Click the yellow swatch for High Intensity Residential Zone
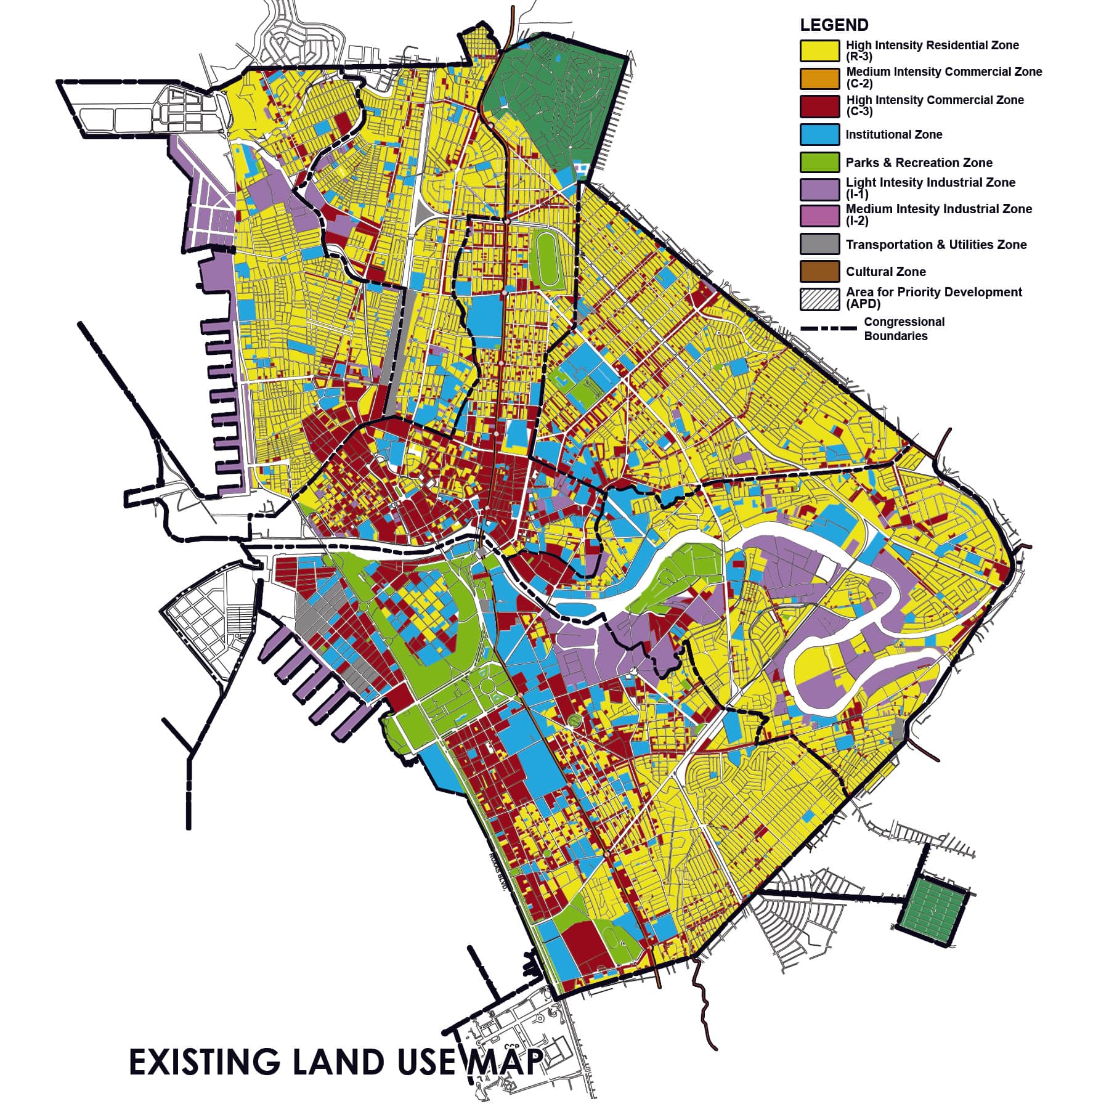pyautogui.click(x=819, y=51)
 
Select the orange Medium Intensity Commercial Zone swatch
pyautogui.click(x=819, y=78)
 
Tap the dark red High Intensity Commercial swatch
pyautogui.click(x=819, y=106)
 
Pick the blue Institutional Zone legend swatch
pyautogui.click(x=819, y=134)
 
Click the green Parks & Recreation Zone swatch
pyautogui.click(x=819, y=162)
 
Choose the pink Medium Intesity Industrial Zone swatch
pyautogui.click(x=819, y=216)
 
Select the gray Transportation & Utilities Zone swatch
pyautogui.click(x=819, y=244)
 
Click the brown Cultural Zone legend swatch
pyautogui.click(x=819, y=271)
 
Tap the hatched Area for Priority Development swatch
pyautogui.click(x=819, y=299)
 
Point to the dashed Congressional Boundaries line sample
pyautogui.click(x=829, y=328)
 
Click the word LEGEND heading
pyautogui.click(x=834, y=25)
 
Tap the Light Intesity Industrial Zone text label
pyautogui.click(x=930, y=182)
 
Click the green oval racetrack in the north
pyautogui.click(x=546, y=259)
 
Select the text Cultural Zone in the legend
pyautogui.click(x=885, y=272)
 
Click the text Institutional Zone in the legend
pyautogui.click(x=893, y=134)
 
